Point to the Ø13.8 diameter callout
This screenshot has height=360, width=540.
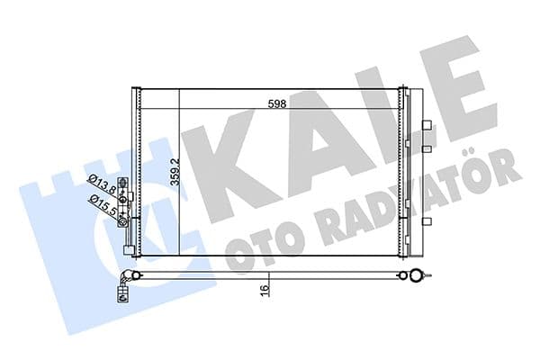(101, 186)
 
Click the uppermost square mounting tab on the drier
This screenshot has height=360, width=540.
(427, 123)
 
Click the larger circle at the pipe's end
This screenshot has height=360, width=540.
(416, 277)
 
